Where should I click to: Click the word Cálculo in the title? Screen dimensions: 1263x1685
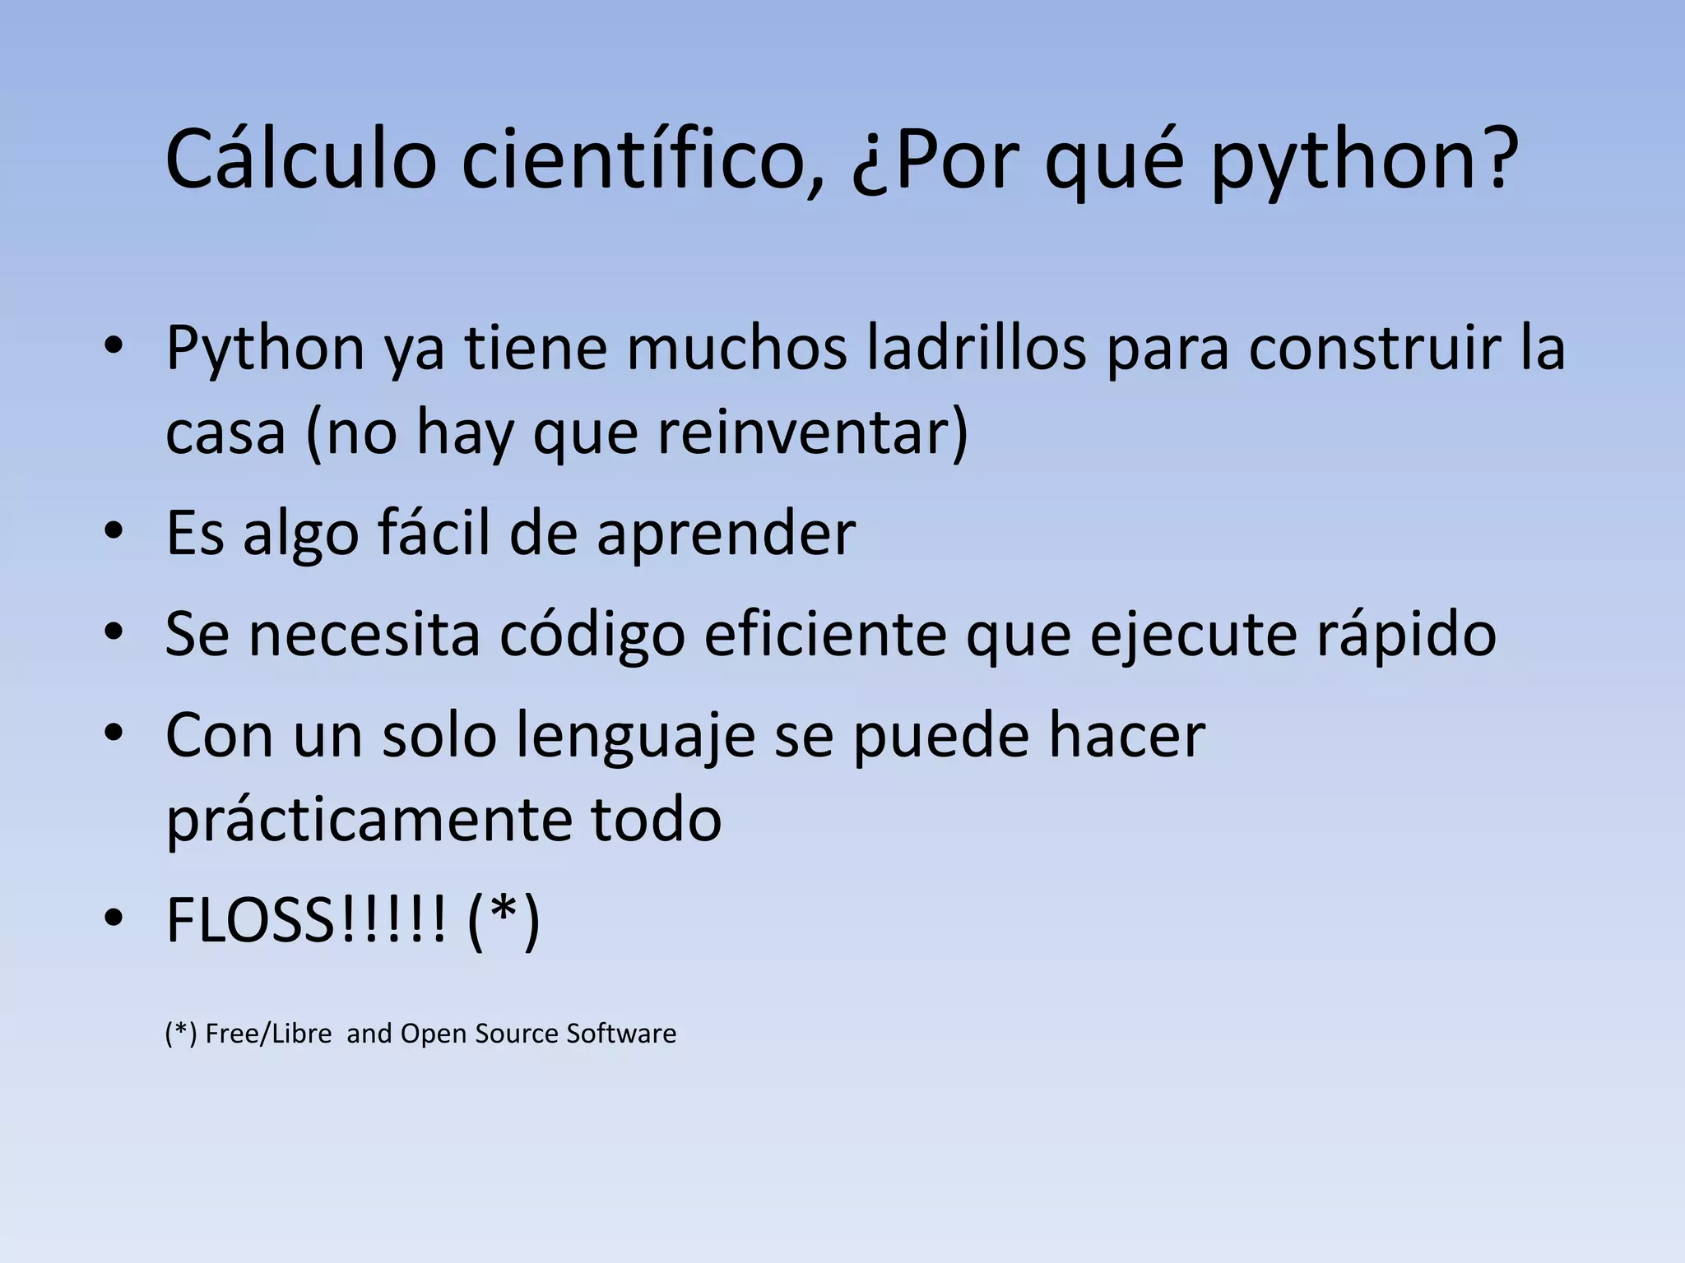click(x=300, y=160)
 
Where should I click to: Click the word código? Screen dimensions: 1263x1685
click(x=592, y=634)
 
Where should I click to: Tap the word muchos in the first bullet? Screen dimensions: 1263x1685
click(x=737, y=348)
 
